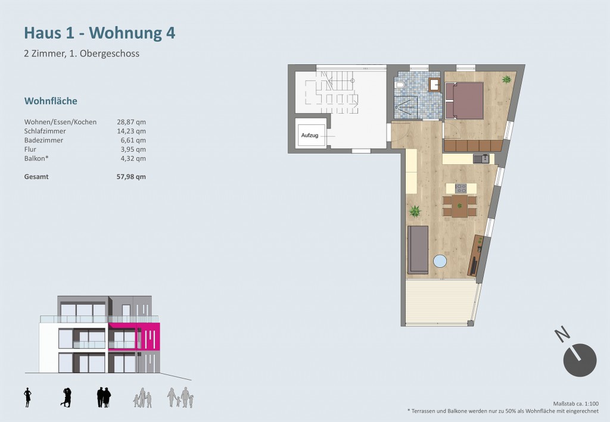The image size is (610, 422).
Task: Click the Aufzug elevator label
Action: (x=310, y=135)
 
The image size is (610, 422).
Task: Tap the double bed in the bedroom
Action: (x=465, y=100)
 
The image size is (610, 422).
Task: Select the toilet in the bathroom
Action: (x=400, y=85)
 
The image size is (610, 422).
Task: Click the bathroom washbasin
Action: (x=434, y=85)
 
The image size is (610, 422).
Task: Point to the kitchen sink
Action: (x=481, y=158)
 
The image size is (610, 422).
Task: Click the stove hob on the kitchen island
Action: (x=460, y=189)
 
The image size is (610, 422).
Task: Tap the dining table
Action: (x=459, y=207)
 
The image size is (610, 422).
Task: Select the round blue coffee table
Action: (x=440, y=261)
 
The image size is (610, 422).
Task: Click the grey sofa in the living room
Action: (x=418, y=250)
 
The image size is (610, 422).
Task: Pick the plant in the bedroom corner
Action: (x=506, y=79)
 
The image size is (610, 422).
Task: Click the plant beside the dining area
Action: (x=415, y=211)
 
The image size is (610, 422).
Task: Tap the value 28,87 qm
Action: (x=132, y=122)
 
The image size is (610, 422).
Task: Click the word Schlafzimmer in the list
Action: (x=45, y=132)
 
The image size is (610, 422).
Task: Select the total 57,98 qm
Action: (x=132, y=177)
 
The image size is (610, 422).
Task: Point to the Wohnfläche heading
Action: (x=51, y=101)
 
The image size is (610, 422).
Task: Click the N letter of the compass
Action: (x=562, y=335)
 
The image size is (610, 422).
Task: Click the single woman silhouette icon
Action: (x=27, y=398)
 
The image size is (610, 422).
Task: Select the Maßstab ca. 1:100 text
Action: (x=576, y=404)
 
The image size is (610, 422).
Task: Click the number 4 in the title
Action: (x=170, y=33)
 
